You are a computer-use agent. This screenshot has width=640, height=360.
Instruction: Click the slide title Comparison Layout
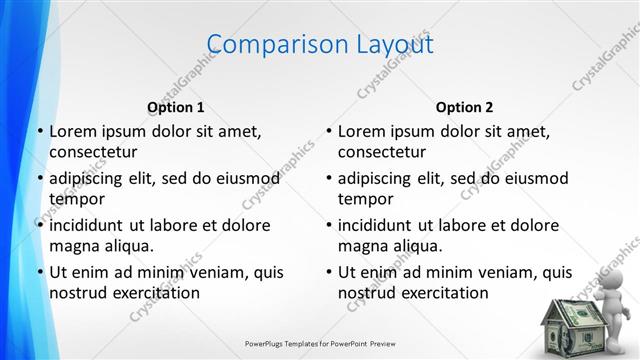pyautogui.click(x=320, y=44)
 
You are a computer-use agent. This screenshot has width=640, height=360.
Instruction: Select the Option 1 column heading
pyautogui.click(x=176, y=107)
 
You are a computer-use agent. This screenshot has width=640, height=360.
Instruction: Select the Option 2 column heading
pyautogui.click(x=464, y=107)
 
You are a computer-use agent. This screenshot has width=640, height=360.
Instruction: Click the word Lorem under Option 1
pyautogui.click(x=72, y=131)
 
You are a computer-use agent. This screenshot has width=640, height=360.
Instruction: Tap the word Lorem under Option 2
pyautogui.click(x=361, y=131)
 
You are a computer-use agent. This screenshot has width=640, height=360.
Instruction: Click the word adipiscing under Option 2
pyautogui.click(x=376, y=178)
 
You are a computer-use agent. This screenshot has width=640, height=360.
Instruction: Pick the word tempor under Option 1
pyautogui.click(x=75, y=200)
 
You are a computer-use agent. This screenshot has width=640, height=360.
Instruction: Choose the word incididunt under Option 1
pyautogui.click(x=88, y=225)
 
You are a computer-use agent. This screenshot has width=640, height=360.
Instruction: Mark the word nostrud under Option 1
pyautogui.click(x=77, y=293)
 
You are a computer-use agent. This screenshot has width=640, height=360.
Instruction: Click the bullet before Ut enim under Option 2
pyautogui.click(x=328, y=272)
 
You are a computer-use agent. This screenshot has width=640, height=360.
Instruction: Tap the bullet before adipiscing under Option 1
pyautogui.click(x=39, y=178)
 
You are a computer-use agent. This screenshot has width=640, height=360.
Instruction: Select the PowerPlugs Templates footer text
pyautogui.click(x=320, y=343)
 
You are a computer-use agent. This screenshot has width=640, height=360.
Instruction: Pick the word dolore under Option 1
pyautogui.click(x=243, y=225)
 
